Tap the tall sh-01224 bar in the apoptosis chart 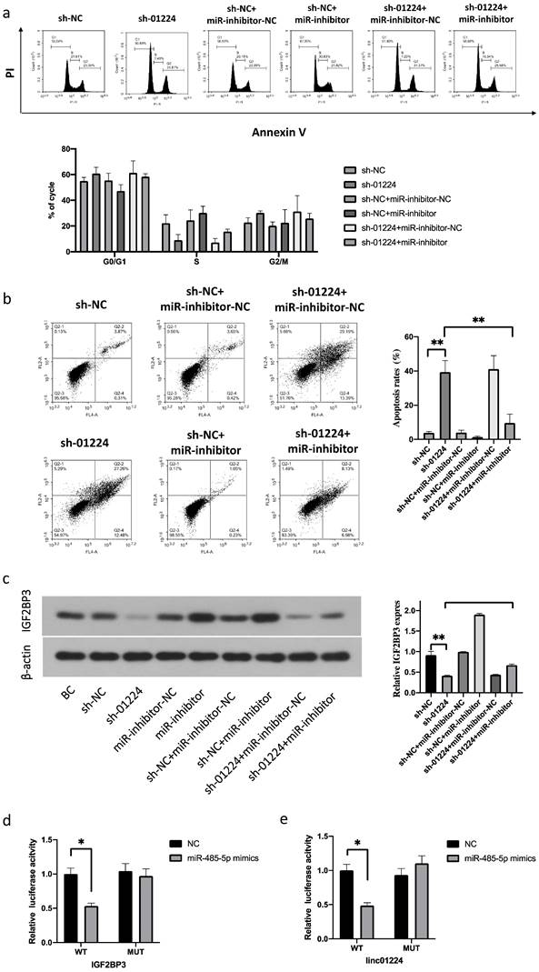(445, 393)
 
